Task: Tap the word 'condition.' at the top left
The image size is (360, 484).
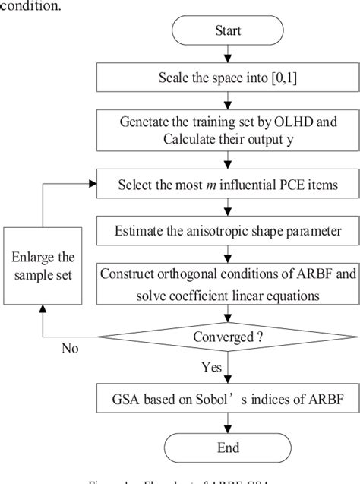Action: coord(30,5)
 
